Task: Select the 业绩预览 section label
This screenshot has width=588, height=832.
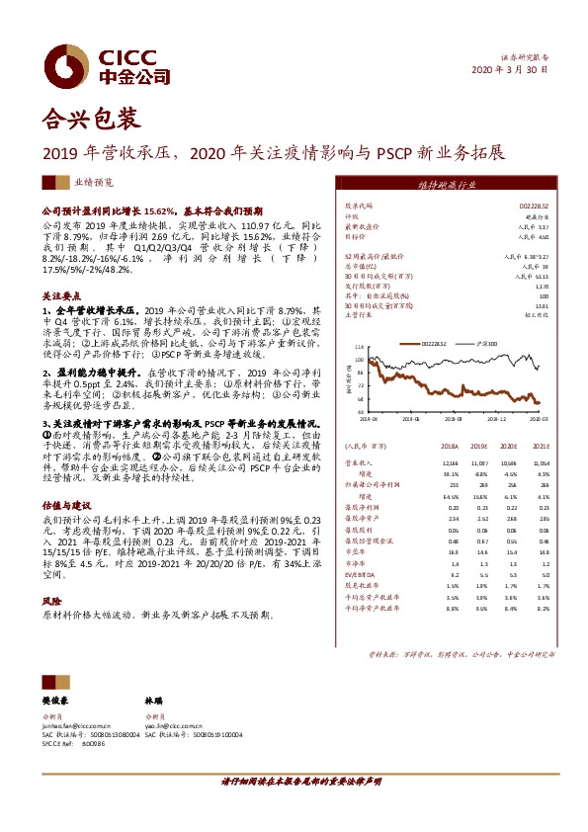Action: click(94, 183)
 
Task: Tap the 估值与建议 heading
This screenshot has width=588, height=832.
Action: click(66, 502)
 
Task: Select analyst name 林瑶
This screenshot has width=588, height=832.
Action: click(156, 701)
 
